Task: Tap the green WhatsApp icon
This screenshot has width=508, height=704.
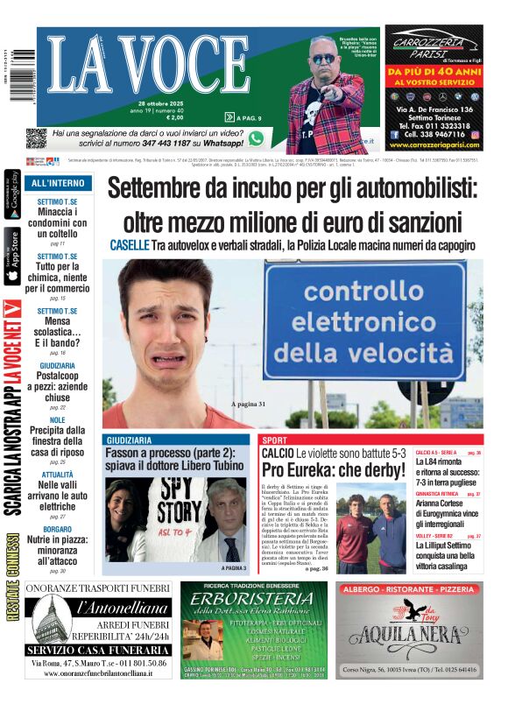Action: pos(256,138)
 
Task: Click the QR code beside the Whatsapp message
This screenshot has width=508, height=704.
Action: pos(36,138)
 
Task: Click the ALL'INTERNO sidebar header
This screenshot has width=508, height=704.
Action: pos(57,184)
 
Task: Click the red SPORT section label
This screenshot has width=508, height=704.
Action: pos(274,440)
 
